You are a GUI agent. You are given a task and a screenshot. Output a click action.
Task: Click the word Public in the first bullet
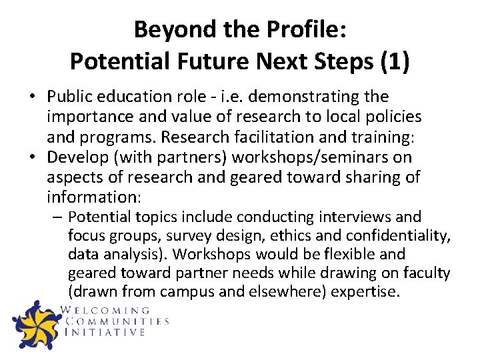pyautogui.click(x=71, y=97)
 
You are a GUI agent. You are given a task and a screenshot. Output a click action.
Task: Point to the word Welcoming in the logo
pyautogui.click(x=106, y=310)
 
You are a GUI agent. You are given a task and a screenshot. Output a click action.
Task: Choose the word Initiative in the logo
pyautogui.click(x=105, y=332)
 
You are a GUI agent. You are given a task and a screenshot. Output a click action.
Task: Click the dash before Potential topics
pyautogui.click(x=59, y=217)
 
